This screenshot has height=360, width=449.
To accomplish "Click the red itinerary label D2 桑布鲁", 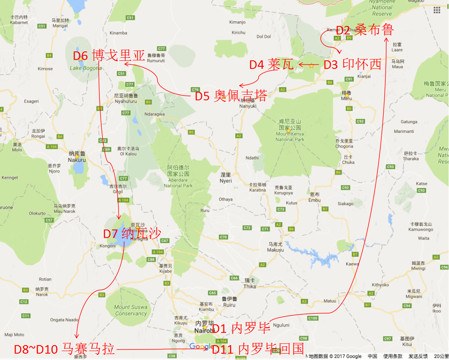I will click(x=365, y=30).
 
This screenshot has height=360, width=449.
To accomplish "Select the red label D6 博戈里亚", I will click(x=109, y=56).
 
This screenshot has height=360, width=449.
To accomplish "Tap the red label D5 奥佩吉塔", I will click(x=231, y=96).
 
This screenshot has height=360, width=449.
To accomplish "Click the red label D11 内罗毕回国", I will click(x=258, y=349).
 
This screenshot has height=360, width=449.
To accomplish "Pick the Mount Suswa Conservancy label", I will click(x=130, y=310).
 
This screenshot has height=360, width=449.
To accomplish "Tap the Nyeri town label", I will click(x=226, y=178).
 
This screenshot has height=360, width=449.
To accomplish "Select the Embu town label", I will click(x=314, y=197).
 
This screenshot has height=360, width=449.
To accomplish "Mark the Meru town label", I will click(x=347, y=96).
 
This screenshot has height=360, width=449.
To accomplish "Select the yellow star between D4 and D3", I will click(x=311, y=65).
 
